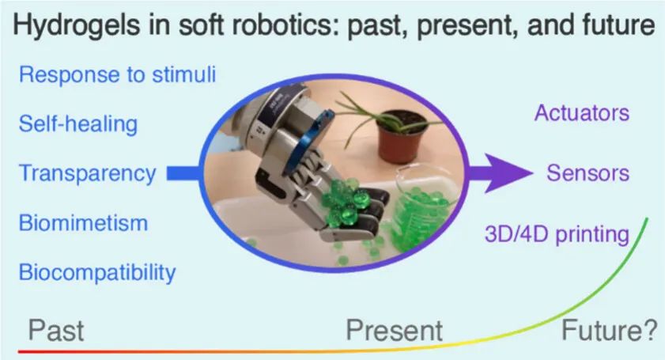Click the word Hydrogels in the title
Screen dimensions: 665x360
pyautogui.click(x=77, y=25)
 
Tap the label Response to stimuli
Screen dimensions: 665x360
pyautogui.click(x=118, y=74)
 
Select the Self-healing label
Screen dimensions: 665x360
pyautogui.click(x=78, y=124)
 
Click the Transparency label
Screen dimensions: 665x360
pyautogui.click(x=87, y=174)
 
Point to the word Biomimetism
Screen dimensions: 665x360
pyautogui.click(x=83, y=223)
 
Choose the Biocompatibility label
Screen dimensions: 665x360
pyautogui.click(x=97, y=272)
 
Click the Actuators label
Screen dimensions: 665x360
pyautogui.click(x=582, y=113)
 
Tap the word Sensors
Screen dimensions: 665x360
pyautogui.click(x=588, y=173)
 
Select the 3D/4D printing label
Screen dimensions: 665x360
pyautogui.click(x=557, y=234)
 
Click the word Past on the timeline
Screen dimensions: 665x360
pyautogui.click(x=56, y=330)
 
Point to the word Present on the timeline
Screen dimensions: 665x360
pyautogui.click(x=395, y=330)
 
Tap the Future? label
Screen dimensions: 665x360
pyautogui.click(x=609, y=330)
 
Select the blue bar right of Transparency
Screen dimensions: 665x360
pyautogui.click(x=183, y=173)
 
